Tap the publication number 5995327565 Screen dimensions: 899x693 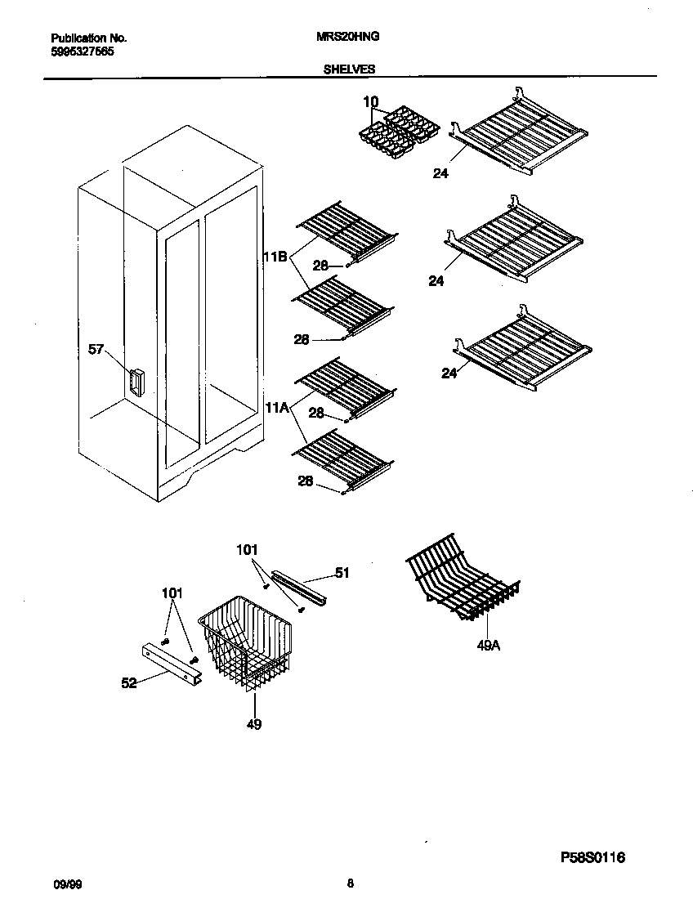83,51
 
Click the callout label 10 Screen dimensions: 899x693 370,101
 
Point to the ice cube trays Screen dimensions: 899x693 400,133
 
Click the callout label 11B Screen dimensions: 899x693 275,257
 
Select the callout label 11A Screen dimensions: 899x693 275,405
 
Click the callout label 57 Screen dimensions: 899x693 97,350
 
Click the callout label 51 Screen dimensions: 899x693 342,573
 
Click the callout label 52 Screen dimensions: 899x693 128,683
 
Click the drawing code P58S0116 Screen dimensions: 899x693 592,857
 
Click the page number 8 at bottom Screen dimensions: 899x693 350,883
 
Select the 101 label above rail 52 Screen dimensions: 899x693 172,593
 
